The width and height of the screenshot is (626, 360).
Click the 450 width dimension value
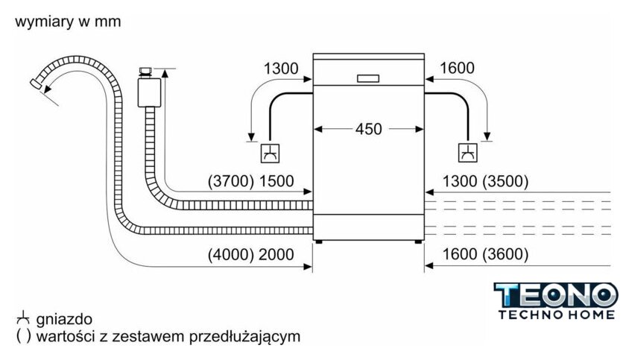(x=368, y=129)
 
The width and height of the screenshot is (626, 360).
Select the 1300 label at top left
(x=280, y=69)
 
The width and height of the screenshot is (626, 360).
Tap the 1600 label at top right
(x=457, y=69)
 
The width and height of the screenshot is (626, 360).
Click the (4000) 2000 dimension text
(x=251, y=254)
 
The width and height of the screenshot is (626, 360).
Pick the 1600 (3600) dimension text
(x=485, y=254)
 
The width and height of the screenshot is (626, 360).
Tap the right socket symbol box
(x=469, y=153)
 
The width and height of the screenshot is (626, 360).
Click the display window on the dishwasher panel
(x=369, y=78)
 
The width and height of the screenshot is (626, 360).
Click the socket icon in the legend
(x=20, y=319)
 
